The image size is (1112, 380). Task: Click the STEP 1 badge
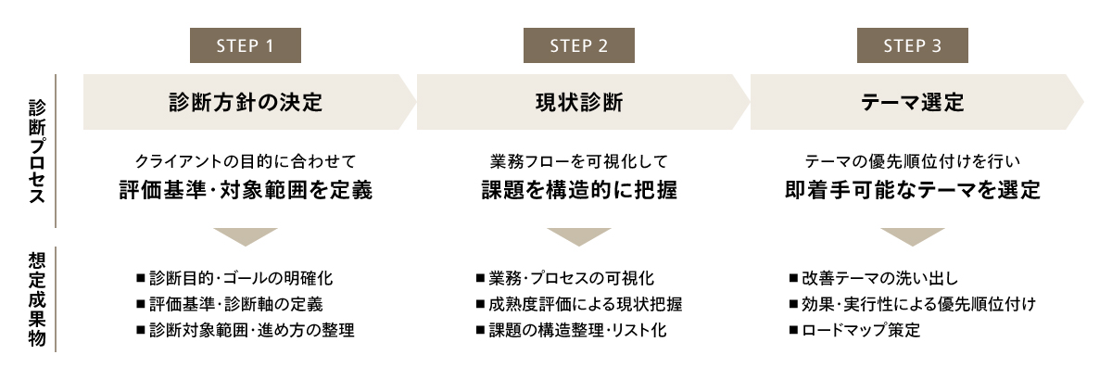tap(246, 45)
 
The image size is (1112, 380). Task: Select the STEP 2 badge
tap(579, 45)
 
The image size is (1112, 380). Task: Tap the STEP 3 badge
tap(913, 45)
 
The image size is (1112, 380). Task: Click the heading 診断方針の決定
tap(246, 102)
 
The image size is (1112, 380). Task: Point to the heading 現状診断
tap(579, 102)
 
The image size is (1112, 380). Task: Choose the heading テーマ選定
tap(913, 102)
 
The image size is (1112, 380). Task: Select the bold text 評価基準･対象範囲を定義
tap(246, 191)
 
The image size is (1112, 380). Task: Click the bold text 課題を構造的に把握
tap(579, 191)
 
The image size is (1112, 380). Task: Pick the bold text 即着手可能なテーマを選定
tap(913, 191)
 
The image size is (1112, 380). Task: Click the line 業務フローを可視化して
tap(579, 161)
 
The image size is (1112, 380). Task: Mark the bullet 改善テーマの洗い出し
tap(873, 277)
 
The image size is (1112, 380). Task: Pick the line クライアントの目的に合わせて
tap(246, 161)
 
